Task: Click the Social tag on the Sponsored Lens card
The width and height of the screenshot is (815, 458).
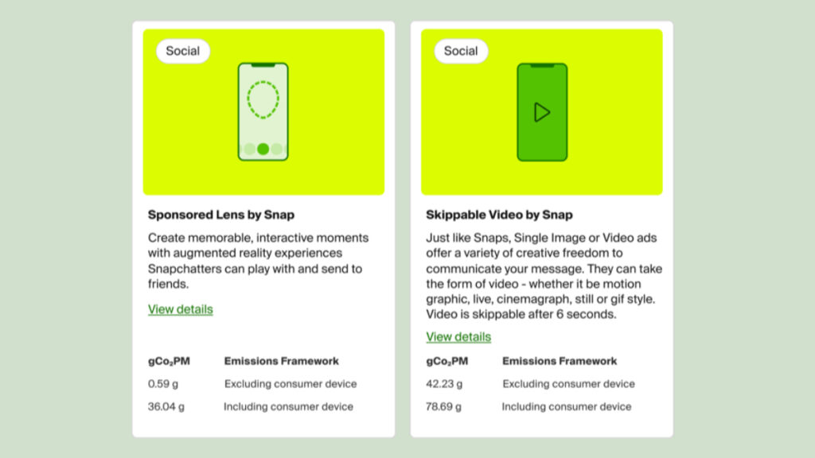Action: tap(182, 51)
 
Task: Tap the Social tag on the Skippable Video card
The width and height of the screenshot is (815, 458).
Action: tap(461, 51)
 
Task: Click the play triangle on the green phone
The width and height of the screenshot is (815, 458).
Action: tap(542, 112)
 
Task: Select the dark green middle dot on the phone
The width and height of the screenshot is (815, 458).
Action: tap(263, 149)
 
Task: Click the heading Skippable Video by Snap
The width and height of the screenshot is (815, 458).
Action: tap(499, 215)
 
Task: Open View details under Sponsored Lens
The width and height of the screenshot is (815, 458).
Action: tap(181, 309)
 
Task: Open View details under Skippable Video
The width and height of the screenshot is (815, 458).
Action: tap(458, 337)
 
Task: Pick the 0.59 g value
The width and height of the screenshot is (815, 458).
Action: tap(162, 384)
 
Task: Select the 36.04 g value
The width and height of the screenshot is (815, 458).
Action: tap(166, 406)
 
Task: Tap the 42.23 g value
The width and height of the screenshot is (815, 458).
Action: tap(444, 384)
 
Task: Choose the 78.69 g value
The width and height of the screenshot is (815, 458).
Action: tap(444, 406)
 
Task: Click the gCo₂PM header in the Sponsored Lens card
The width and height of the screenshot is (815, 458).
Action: tap(169, 361)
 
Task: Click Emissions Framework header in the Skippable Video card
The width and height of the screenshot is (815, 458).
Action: tap(560, 361)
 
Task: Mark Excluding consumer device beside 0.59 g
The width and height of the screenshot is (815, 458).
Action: tap(291, 384)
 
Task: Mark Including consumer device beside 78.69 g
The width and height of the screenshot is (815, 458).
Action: tap(567, 406)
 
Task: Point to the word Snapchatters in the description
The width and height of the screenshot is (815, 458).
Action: tap(184, 269)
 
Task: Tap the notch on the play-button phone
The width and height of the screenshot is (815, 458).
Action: tap(542, 66)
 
